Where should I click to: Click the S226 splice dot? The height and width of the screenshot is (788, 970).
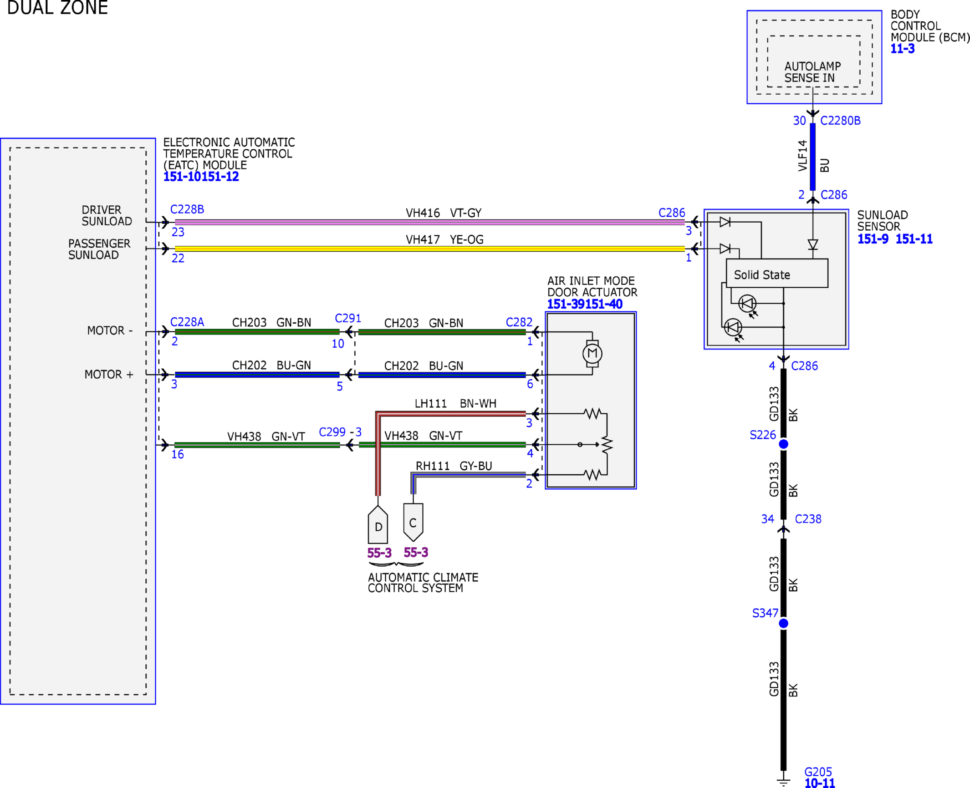pyautogui.click(x=783, y=444)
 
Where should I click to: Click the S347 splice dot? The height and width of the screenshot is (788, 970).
pyautogui.click(x=783, y=623)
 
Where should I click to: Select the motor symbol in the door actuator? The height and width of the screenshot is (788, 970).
pyautogui.click(x=592, y=353)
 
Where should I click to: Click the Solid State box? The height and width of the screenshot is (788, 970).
pyautogui.click(x=777, y=273)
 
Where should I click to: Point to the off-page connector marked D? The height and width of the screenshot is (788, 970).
pyautogui.click(x=378, y=524)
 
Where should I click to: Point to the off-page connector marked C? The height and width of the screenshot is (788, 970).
pyautogui.click(x=413, y=522)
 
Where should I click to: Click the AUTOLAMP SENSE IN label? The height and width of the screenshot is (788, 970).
pyautogui.click(x=812, y=72)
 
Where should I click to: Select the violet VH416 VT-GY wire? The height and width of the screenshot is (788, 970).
pyautogui.click(x=429, y=222)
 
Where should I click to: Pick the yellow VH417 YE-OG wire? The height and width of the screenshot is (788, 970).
pyautogui.click(x=429, y=249)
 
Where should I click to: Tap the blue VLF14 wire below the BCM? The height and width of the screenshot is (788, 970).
pyautogui.click(x=812, y=157)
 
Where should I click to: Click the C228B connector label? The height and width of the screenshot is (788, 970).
pyautogui.click(x=187, y=209)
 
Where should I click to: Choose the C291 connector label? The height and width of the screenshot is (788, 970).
pyautogui.click(x=348, y=318)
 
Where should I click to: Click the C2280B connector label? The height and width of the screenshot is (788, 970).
pyautogui.click(x=840, y=121)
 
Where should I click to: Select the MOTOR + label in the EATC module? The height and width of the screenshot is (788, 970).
pyautogui.click(x=109, y=374)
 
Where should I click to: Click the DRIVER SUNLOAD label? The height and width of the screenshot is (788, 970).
pyautogui.click(x=107, y=215)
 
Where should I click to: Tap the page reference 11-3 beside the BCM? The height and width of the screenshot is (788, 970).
pyautogui.click(x=902, y=49)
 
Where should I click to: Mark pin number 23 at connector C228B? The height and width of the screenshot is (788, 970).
pyautogui.click(x=178, y=232)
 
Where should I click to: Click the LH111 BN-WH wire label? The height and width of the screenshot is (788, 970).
pyautogui.click(x=455, y=403)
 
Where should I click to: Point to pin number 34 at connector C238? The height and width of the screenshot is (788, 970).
pyautogui.click(x=767, y=519)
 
